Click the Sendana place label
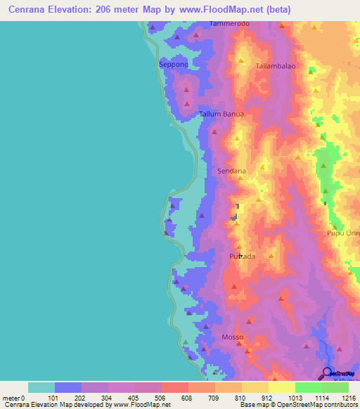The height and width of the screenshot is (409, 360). tap(231, 171)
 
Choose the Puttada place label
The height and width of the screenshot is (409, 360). tap(243, 257)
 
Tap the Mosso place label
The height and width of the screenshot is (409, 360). tap(232, 337)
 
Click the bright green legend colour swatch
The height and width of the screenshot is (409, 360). tap(308, 387)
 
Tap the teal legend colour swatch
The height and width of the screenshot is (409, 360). tap(41, 387)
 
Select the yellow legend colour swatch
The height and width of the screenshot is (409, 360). tap(281, 387)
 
